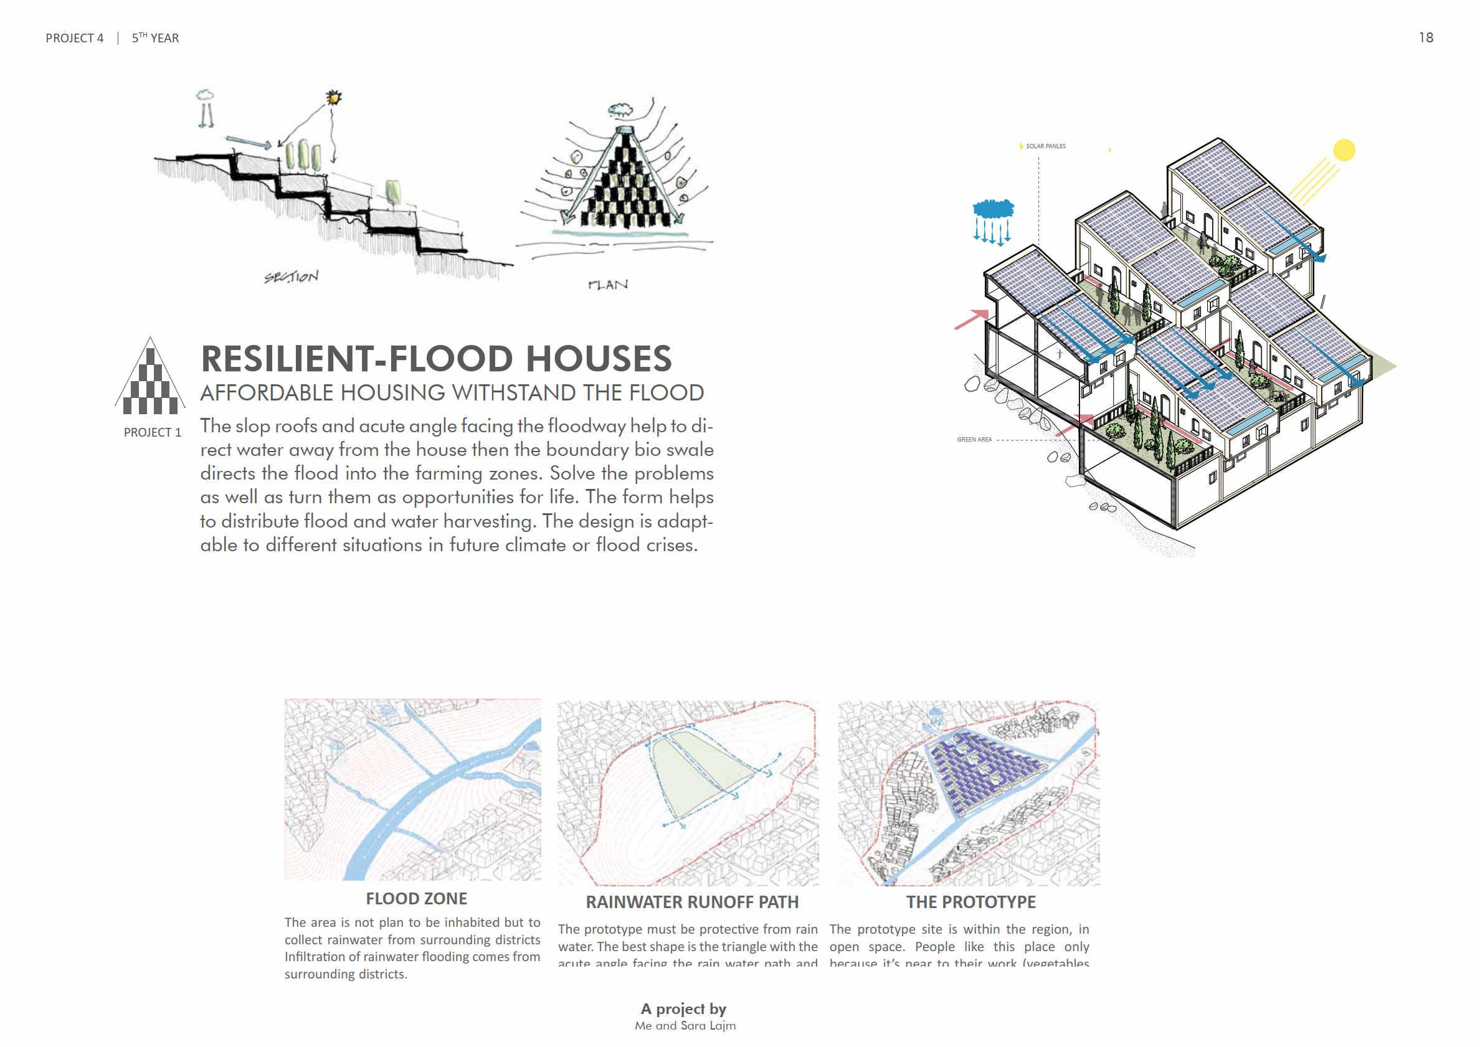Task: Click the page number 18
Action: (x=1425, y=38)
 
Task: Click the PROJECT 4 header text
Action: (x=74, y=39)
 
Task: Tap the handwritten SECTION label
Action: (x=292, y=277)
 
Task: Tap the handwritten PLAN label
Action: (x=608, y=284)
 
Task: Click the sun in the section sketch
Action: (x=333, y=97)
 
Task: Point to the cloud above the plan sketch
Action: (x=621, y=110)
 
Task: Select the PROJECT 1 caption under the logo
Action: (x=152, y=433)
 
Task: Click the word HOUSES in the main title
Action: (x=599, y=359)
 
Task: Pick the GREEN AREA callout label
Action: (x=974, y=440)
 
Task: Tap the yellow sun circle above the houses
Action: (x=1344, y=149)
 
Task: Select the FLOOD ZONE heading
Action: (x=417, y=899)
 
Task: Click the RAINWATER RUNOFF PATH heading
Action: (x=691, y=903)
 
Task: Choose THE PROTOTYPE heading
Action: (x=970, y=903)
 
